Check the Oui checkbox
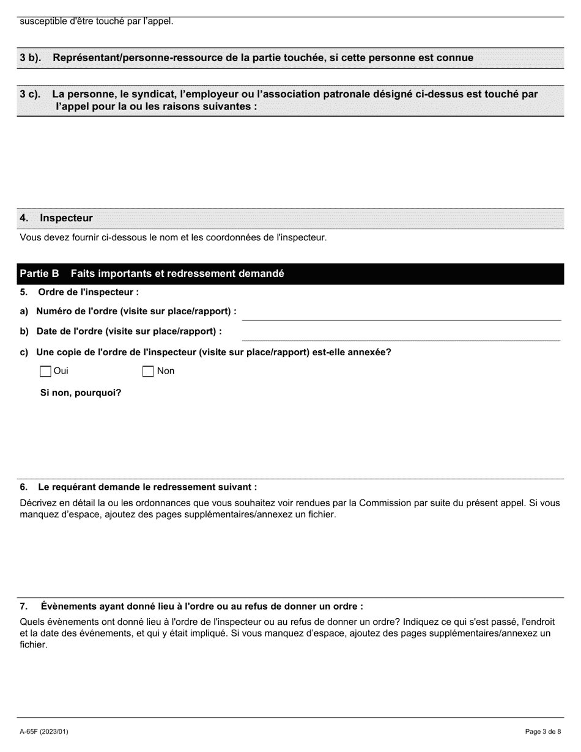tap(45, 371)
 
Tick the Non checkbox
tap(148, 371)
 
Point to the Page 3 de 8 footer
tap(543, 731)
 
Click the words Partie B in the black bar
tap(39, 273)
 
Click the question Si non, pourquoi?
tap(81, 393)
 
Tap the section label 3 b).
tap(30, 58)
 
